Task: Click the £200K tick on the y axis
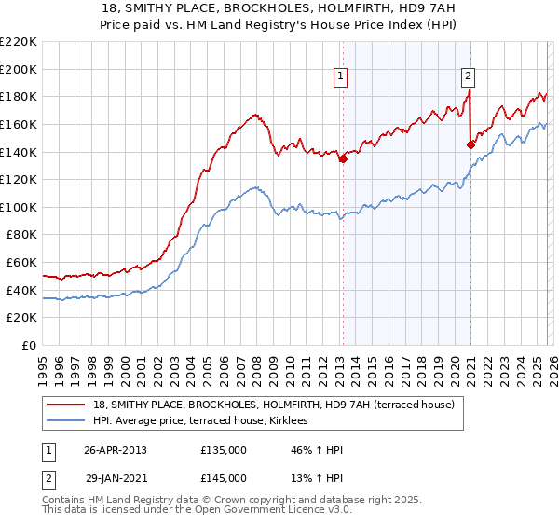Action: (x=19, y=69)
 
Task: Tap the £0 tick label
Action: (x=30, y=346)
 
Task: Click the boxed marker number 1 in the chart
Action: (x=341, y=77)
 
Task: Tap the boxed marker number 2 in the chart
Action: (x=468, y=77)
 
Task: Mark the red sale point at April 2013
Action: (x=343, y=159)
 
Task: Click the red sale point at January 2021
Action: (x=470, y=144)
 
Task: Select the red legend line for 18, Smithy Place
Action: (x=66, y=405)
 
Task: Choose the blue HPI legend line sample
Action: (x=66, y=421)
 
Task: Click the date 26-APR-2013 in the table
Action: (x=116, y=450)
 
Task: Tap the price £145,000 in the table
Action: (x=223, y=478)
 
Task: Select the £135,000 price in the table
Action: (x=223, y=450)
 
